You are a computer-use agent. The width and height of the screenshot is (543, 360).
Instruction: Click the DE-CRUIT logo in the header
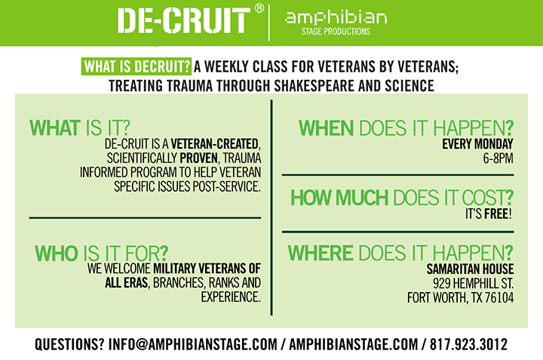click(x=183, y=21)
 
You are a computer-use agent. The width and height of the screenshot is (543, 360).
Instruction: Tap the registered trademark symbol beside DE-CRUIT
click(x=259, y=8)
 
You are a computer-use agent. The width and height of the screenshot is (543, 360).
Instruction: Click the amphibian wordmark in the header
click(x=336, y=17)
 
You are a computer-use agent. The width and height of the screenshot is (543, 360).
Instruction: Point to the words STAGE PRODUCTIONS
click(x=336, y=32)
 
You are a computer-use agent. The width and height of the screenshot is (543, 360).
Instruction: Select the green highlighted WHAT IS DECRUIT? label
click(x=137, y=66)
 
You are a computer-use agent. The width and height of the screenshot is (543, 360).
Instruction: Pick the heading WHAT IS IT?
click(x=80, y=128)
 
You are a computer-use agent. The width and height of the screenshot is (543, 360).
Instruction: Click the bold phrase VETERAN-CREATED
click(x=215, y=144)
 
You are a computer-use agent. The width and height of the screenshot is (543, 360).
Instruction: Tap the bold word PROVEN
click(x=198, y=158)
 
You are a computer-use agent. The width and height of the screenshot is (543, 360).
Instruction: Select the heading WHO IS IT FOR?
click(x=102, y=254)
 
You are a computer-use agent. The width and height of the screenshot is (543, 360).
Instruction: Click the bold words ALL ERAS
click(x=127, y=283)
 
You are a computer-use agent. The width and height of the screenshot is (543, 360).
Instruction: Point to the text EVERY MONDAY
click(x=477, y=144)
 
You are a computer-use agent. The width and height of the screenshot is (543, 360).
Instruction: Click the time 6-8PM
click(x=499, y=158)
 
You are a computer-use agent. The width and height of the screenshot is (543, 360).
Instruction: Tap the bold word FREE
click(x=496, y=214)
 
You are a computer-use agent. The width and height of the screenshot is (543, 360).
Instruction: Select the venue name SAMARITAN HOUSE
click(x=470, y=269)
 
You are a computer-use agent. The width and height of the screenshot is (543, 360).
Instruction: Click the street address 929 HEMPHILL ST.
click(x=474, y=284)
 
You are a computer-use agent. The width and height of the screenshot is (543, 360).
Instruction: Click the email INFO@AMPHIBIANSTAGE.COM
click(x=193, y=344)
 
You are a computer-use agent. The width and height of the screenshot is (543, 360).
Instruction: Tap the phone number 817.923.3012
click(x=468, y=344)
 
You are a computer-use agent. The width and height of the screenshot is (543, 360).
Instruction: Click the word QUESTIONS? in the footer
click(x=69, y=344)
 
